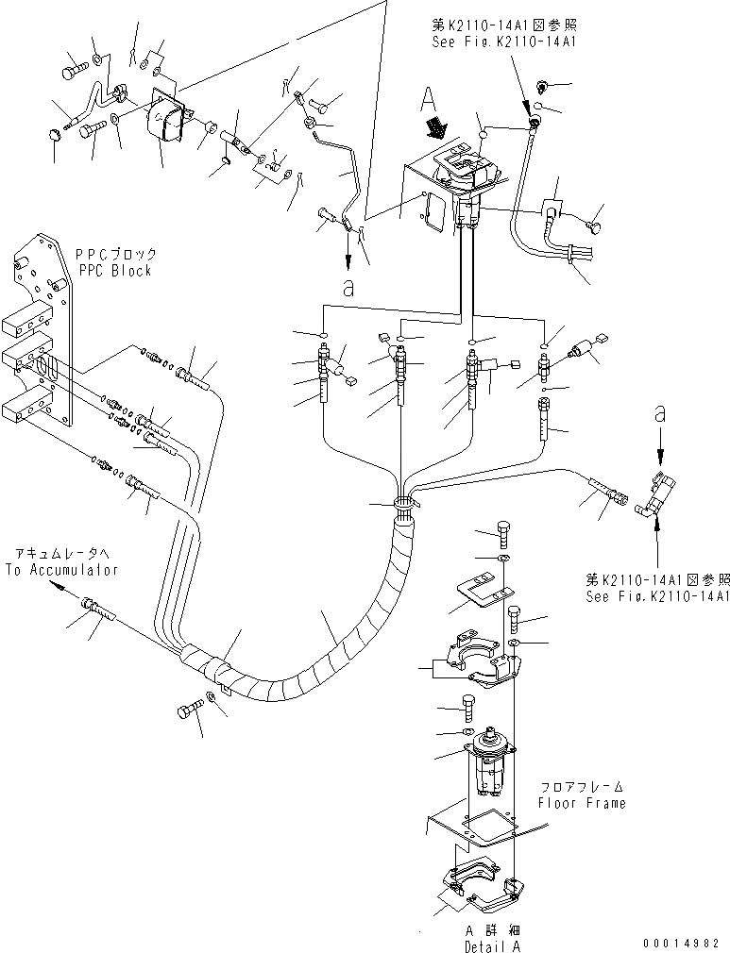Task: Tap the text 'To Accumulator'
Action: (61, 570)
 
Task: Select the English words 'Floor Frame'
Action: (582, 803)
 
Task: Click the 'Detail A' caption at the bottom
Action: (491, 945)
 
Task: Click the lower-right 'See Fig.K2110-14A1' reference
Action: (657, 596)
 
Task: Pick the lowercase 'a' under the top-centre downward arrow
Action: (348, 290)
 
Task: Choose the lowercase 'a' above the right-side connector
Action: (659, 411)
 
